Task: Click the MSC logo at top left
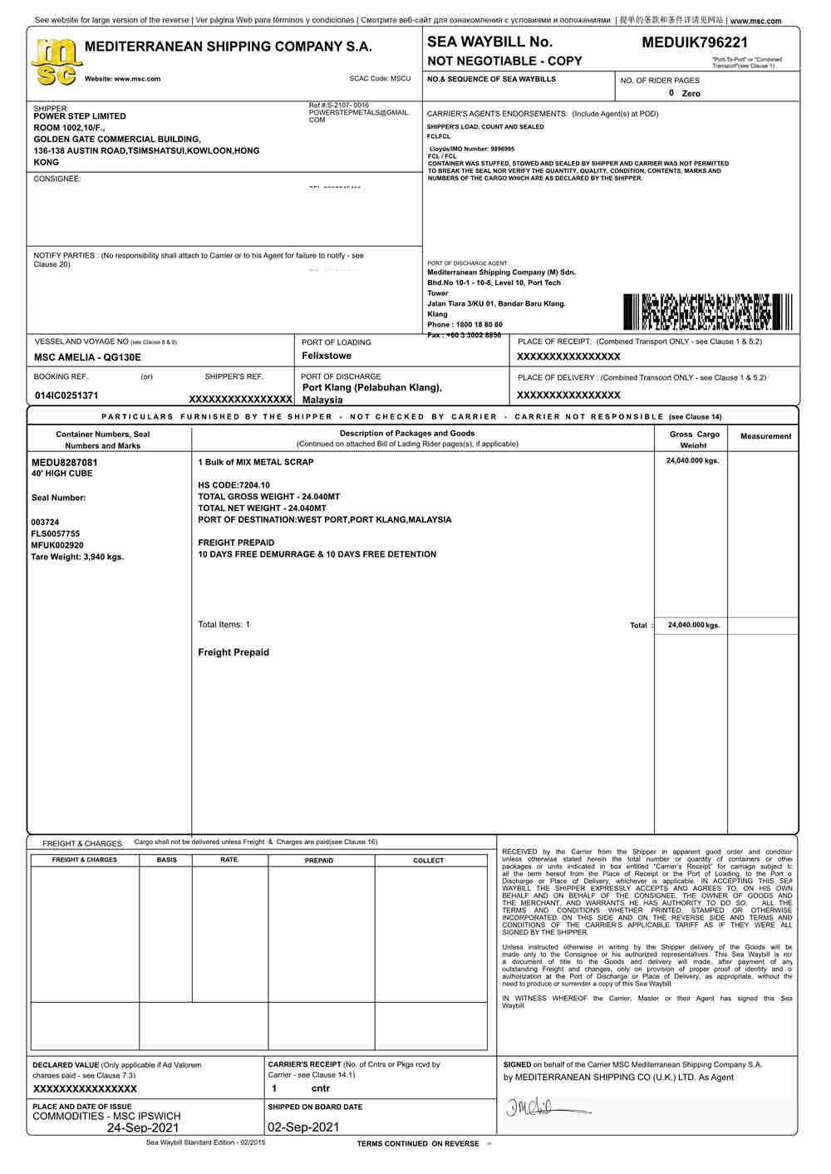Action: coord(56,62)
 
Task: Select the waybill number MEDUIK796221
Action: coord(695,42)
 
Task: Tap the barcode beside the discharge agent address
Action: coord(707,312)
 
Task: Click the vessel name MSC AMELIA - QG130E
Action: coord(87,357)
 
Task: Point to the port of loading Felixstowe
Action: coord(327,356)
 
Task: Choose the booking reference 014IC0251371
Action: coord(66,395)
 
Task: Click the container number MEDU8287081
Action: coord(65,462)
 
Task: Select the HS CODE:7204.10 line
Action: coord(234,485)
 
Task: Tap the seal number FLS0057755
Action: coord(56,534)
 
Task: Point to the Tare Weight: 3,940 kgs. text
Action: coord(77,557)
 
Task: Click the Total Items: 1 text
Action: coord(224,625)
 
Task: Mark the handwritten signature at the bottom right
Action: coord(544,1108)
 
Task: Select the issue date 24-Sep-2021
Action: coord(143,1128)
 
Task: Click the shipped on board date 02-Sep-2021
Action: coord(303,1127)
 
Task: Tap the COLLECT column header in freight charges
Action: coord(429,861)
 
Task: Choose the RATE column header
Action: coord(229,860)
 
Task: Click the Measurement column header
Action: coord(765,436)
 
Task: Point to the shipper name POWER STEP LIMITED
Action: coord(80,116)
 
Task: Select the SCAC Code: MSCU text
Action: coord(380,79)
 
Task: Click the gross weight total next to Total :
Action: coord(693,625)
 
